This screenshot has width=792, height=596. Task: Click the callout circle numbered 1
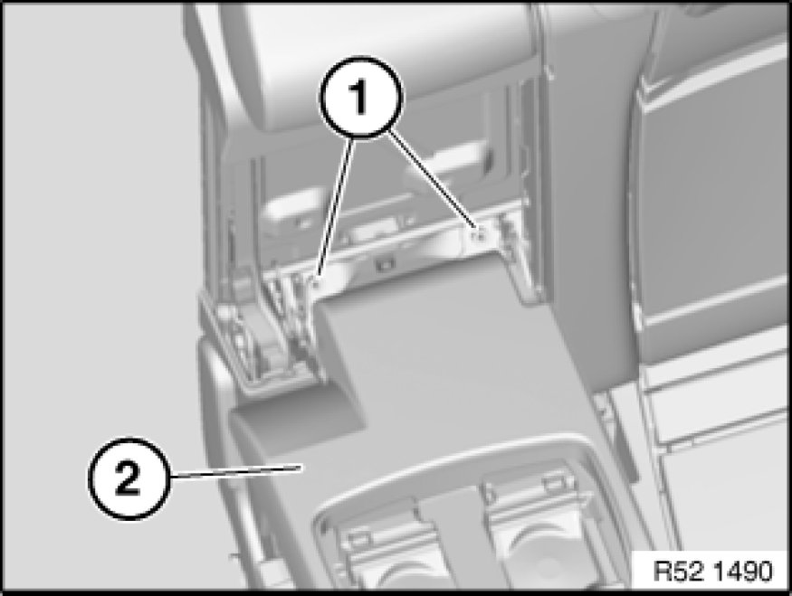click(359, 96)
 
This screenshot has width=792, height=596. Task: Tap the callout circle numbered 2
click(129, 478)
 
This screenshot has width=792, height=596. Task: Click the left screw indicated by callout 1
click(316, 281)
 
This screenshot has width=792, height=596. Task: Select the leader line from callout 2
click(234, 471)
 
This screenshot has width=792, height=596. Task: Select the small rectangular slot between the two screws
click(386, 264)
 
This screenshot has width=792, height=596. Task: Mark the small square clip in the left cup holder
click(359, 538)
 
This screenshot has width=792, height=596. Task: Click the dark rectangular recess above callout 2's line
click(298, 421)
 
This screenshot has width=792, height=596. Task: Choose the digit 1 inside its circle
click(359, 96)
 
